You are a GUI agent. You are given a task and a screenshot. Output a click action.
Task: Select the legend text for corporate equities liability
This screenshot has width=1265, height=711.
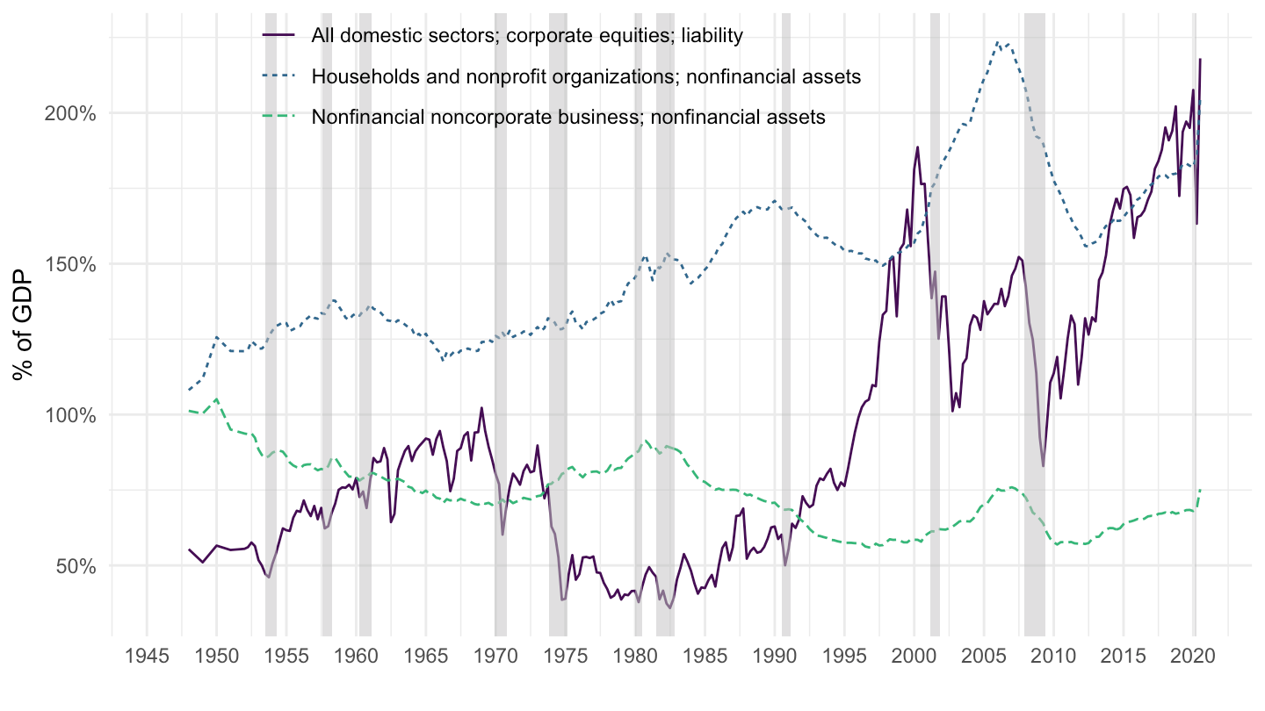point(527,36)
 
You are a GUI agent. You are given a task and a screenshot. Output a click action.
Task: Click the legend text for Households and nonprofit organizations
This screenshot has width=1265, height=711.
point(585,76)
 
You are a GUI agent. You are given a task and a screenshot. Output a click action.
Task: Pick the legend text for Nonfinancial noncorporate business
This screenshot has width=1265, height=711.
point(568,117)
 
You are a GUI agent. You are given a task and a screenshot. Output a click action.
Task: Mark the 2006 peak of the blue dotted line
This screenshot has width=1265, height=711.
point(998,41)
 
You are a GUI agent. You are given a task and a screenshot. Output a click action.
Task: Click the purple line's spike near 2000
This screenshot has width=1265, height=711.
point(917,147)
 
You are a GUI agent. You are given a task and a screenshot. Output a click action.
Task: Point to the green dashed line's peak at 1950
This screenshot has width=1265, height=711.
point(216,399)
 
